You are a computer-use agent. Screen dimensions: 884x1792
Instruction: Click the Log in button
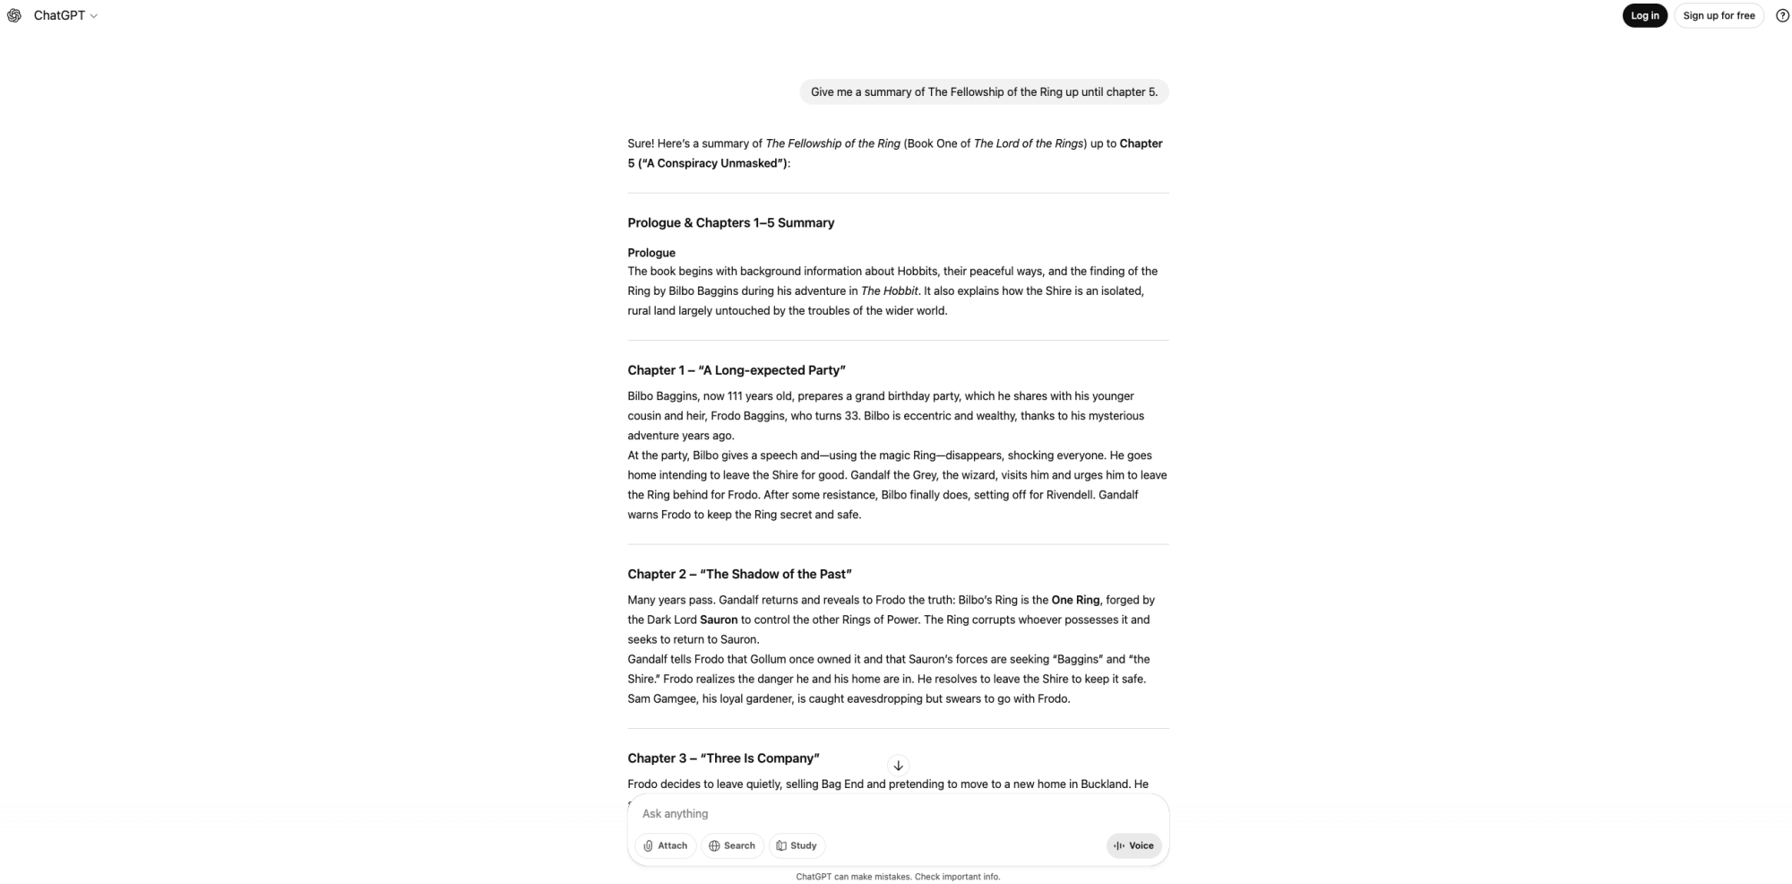[x=1644, y=15]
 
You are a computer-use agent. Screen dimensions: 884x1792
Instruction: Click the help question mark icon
[x=1782, y=15]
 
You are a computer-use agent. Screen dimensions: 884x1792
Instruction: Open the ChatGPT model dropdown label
[x=65, y=15]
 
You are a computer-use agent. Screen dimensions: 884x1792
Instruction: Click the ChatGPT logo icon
[x=14, y=15]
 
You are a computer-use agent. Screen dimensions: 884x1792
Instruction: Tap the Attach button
[x=666, y=845]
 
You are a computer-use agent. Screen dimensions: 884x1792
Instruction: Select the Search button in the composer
[x=732, y=845]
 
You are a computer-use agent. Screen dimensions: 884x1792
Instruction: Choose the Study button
[x=797, y=845]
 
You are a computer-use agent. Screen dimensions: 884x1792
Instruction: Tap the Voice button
[x=1133, y=845]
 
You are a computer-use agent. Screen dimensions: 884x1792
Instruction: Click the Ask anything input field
[x=896, y=813]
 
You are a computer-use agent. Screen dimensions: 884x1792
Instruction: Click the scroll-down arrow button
[x=898, y=765]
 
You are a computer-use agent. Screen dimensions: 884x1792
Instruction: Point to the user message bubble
[x=984, y=91]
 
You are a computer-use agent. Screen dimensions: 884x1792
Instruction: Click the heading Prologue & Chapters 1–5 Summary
[x=730, y=222]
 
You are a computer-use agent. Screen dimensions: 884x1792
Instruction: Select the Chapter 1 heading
[x=736, y=369]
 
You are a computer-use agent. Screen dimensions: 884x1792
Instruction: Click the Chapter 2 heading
[x=739, y=574]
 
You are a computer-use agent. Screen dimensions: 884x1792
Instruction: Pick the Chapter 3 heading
[x=723, y=758]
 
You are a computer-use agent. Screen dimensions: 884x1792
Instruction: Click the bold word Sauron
[x=719, y=620]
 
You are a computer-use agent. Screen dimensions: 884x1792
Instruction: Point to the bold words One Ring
[x=1075, y=600]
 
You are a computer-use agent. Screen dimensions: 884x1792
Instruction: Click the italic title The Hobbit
[x=889, y=290]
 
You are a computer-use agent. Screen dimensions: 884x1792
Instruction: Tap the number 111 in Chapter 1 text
[x=736, y=395]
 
